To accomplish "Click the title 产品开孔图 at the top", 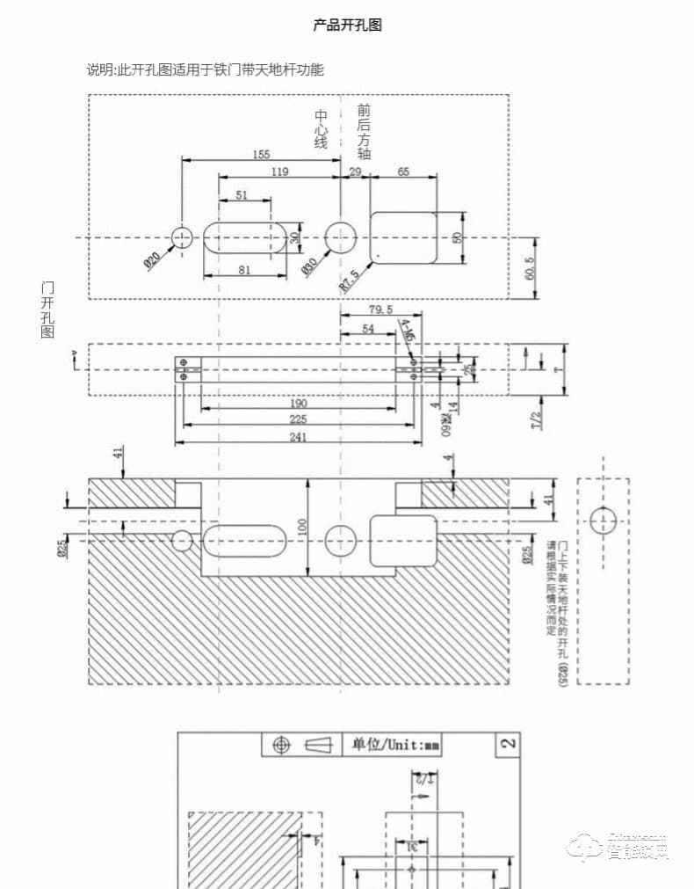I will click(x=347, y=26).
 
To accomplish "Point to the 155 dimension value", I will click(x=261, y=155).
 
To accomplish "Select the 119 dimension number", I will click(x=279, y=172).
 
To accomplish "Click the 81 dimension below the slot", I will click(x=244, y=271).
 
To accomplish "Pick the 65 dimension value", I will click(x=403, y=172).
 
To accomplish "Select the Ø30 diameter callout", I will click(x=311, y=265).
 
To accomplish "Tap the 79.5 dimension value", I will click(x=380, y=310).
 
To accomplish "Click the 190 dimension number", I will click(x=298, y=403).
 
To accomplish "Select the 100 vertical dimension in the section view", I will click(x=302, y=527).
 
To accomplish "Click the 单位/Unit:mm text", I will click(x=396, y=745).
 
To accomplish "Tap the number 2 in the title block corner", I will click(x=507, y=744).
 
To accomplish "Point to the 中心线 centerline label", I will click(x=322, y=128).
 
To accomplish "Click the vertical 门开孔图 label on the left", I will click(x=47, y=310).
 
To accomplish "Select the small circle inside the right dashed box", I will click(x=603, y=521).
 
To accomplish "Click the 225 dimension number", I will click(x=298, y=419).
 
